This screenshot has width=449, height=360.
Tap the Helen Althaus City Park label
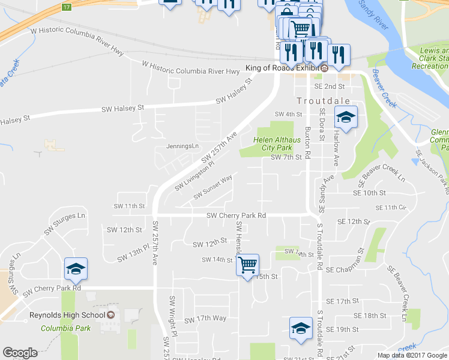click(272, 143)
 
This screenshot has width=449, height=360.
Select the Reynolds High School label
click(67, 315)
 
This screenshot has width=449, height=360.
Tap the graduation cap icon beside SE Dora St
click(346, 117)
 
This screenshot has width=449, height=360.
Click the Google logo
click(20, 353)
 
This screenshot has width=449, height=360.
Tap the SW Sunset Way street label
click(213, 188)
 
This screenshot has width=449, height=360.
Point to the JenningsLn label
click(182, 146)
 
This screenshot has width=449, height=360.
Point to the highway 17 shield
click(66, 7)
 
